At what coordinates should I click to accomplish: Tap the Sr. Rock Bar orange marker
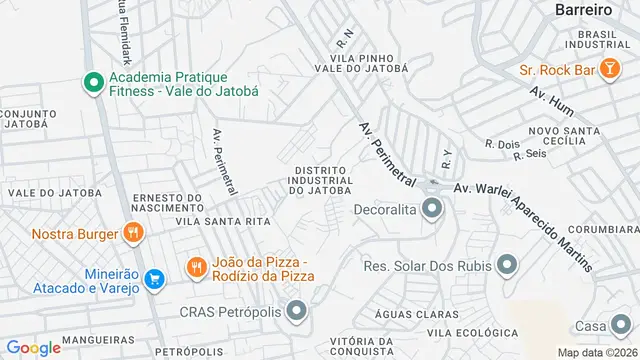click(x=503, y=71)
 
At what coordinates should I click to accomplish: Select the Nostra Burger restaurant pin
click(x=132, y=234)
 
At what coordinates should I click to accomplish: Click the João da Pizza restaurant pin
click(x=197, y=268)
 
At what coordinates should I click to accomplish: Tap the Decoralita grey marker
click(x=432, y=209)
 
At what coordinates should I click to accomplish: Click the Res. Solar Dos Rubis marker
click(x=507, y=265)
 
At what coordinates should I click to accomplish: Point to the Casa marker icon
click(x=621, y=327)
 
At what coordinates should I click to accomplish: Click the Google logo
click(x=33, y=347)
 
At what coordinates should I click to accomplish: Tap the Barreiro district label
click(x=583, y=9)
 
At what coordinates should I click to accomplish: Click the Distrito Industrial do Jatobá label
click(x=320, y=180)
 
